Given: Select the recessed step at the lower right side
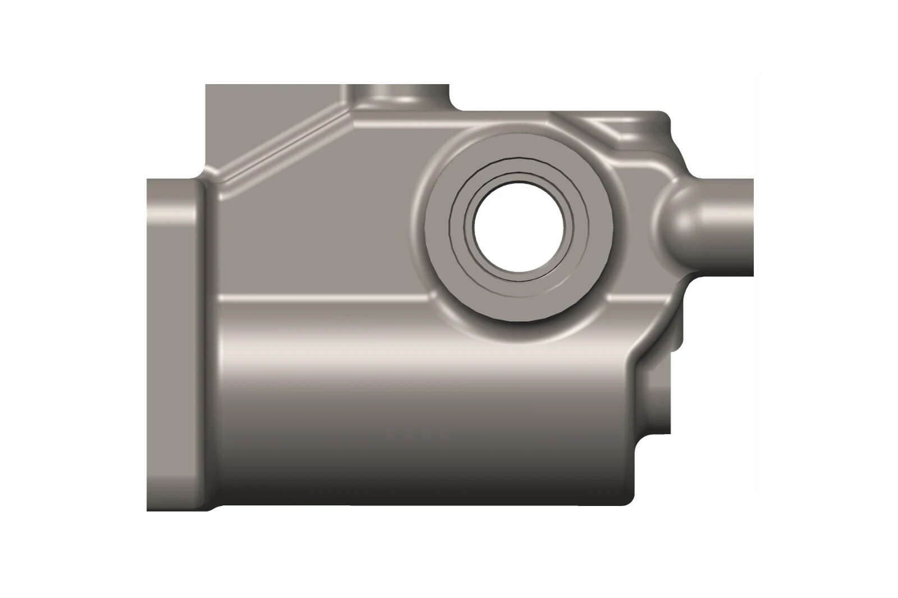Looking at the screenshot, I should [x=654, y=393].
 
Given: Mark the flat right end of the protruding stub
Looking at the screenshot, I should [x=752, y=227].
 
